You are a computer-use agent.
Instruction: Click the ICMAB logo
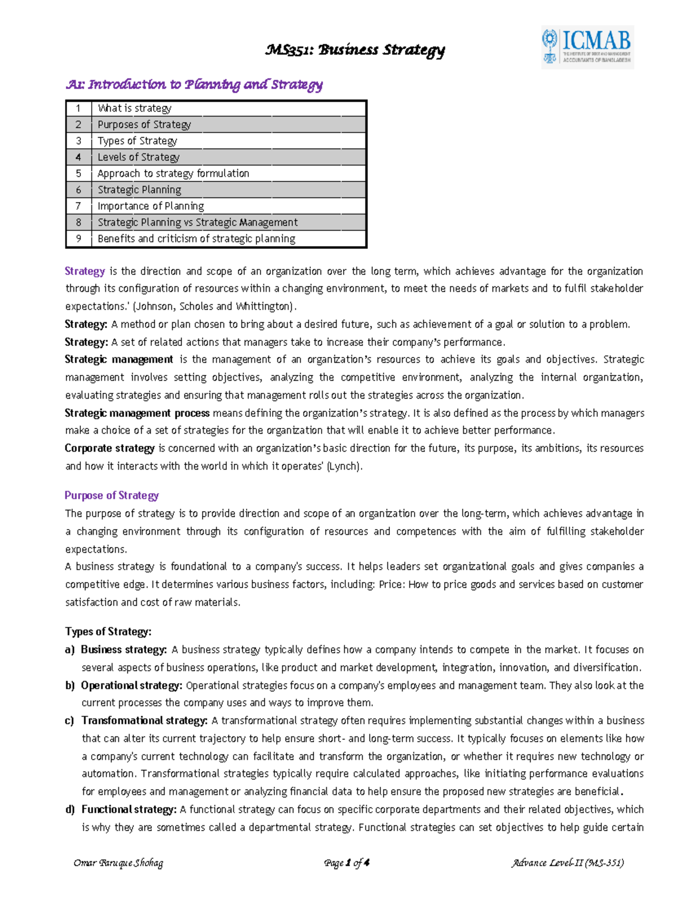point(587,47)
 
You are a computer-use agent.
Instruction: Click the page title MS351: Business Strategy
point(355,50)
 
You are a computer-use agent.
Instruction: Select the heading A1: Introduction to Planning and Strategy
point(194,85)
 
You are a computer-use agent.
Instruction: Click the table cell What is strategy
point(135,108)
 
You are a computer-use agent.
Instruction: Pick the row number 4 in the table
point(79,157)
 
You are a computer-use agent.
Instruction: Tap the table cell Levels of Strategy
point(139,157)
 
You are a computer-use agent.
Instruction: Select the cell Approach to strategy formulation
point(173,173)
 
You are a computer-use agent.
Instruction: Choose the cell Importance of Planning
point(151,206)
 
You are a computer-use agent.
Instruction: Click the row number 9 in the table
point(79,239)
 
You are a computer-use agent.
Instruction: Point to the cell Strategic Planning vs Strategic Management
point(198,222)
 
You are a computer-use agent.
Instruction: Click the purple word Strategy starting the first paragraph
point(84,271)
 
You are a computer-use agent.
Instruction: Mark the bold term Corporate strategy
point(109,448)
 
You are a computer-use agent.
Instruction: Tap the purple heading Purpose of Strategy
point(111,496)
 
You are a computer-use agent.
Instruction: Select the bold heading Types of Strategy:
point(108,631)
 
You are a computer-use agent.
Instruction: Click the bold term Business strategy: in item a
point(124,650)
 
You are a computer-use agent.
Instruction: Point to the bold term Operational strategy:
point(132,686)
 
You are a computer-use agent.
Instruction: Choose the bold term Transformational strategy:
point(144,721)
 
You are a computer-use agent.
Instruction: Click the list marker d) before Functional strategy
point(70,810)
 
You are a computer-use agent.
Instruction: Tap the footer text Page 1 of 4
point(346,863)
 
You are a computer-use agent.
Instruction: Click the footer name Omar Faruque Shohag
point(118,863)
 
